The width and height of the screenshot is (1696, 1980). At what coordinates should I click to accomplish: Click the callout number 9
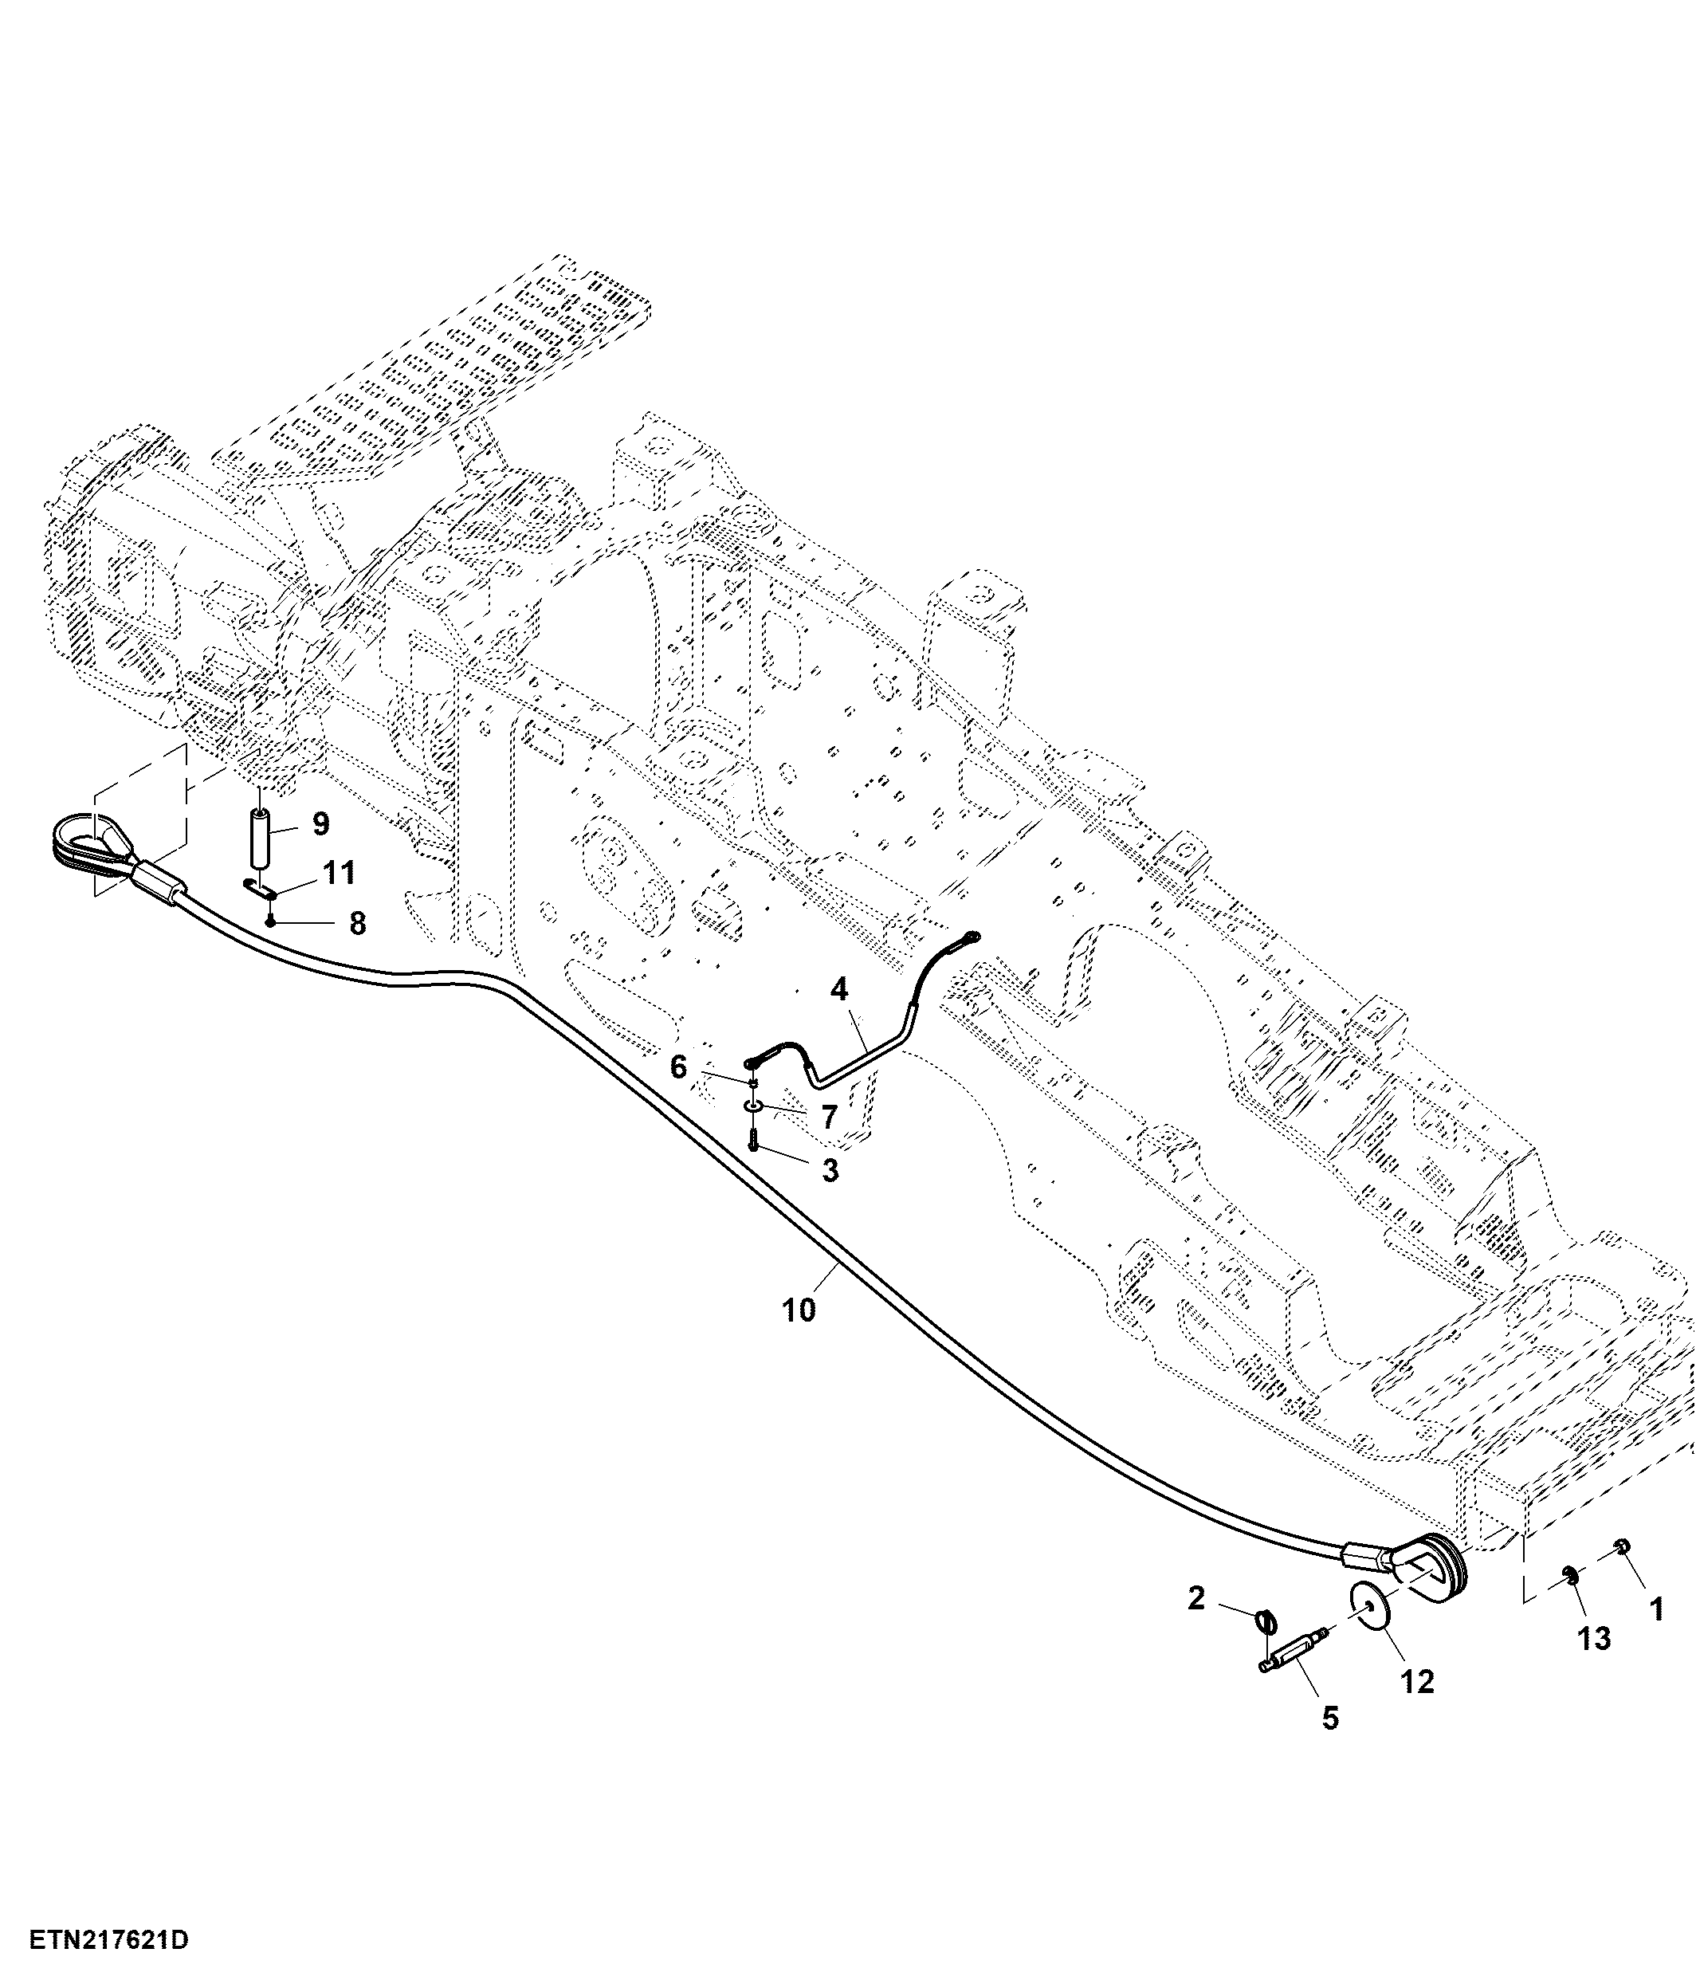coord(320,823)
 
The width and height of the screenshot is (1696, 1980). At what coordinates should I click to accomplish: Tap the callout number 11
coord(340,871)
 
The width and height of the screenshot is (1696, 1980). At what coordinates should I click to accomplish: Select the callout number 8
coord(356,923)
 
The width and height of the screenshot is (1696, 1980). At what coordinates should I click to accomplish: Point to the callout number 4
coord(839,990)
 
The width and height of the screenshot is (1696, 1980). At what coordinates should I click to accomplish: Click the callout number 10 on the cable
coord(799,1310)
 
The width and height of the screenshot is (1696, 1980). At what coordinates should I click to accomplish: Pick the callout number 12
coord(1418,1682)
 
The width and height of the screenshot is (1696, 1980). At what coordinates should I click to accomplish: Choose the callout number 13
coord(1594,1639)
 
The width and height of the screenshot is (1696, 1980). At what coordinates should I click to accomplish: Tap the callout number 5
coord(1331,1719)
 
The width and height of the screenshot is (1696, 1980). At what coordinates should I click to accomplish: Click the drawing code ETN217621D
coord(108,1941)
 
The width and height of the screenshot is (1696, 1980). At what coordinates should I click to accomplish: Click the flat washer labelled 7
coord(753,1106)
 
